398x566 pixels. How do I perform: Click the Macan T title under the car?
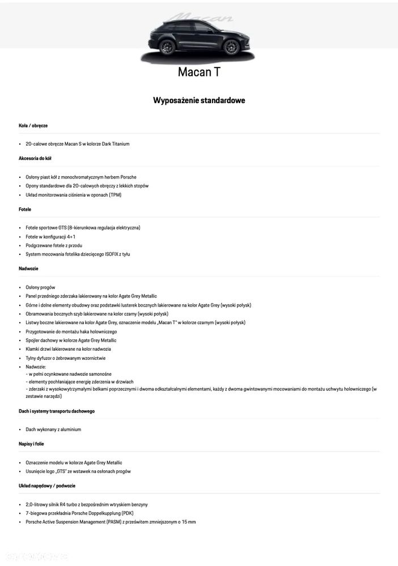198,72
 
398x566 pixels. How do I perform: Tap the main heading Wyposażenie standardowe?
198,100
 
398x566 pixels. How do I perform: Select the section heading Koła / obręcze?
33,125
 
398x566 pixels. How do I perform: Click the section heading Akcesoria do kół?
35,158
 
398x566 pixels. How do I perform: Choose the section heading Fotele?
25,209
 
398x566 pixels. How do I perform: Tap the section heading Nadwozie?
28,268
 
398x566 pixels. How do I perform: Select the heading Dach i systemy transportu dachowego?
57,411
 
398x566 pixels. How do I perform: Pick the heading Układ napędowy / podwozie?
47,486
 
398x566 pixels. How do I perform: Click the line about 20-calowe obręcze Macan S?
78,144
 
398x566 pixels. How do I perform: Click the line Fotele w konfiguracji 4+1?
50,236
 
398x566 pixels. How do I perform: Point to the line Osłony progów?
40,287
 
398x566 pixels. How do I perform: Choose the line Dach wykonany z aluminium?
53,429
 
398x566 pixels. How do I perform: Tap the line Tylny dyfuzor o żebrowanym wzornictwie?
65,358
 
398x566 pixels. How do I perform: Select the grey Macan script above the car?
202,18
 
